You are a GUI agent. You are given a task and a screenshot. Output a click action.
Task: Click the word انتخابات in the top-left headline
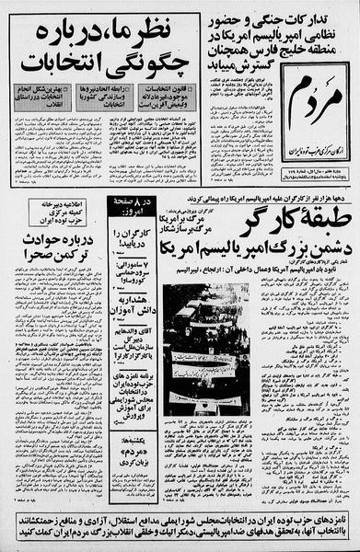point(75,65)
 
